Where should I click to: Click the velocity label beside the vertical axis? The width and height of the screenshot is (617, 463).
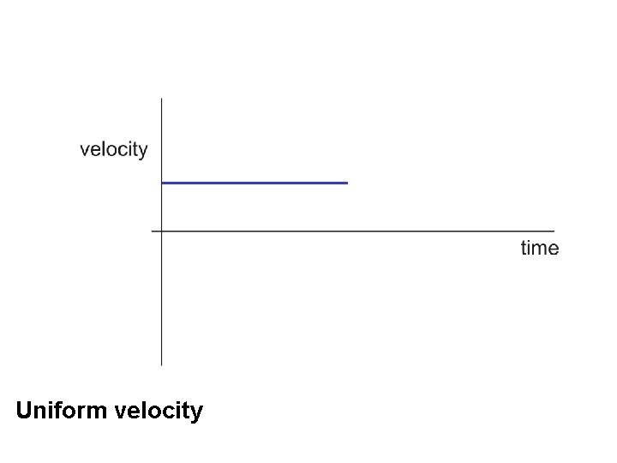114,150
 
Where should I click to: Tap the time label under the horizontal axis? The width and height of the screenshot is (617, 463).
540,249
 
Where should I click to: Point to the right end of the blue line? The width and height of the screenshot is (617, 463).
347,183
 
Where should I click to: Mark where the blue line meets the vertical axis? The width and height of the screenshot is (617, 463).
162,183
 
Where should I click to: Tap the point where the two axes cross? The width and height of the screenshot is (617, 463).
162,231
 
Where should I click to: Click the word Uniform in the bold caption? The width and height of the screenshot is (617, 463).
61,411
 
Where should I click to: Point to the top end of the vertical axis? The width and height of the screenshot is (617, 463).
162,99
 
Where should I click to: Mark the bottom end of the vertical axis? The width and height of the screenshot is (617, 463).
162,364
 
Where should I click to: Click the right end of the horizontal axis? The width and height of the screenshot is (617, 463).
554,231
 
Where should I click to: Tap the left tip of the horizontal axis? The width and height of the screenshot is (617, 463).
153,231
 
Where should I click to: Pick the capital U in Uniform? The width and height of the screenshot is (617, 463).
25,411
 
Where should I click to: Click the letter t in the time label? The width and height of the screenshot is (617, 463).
524,249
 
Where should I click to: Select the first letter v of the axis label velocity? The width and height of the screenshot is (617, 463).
85,151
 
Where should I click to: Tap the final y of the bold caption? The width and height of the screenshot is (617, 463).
197,413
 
